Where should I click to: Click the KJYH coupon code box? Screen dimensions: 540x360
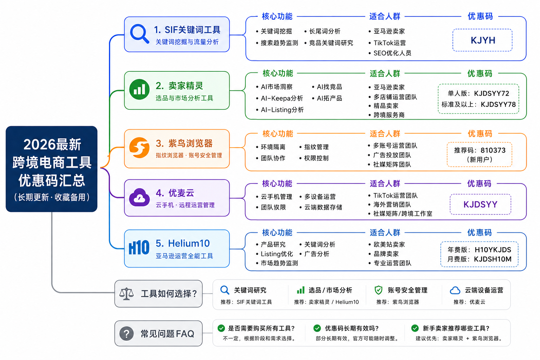pos(482,40)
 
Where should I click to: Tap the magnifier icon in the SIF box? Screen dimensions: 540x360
pos(139,34)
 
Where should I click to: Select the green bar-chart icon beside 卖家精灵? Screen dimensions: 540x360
pos(139,89)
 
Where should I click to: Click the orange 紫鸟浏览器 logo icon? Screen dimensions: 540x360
pos(139,148)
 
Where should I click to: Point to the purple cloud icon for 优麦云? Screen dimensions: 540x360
pos(139,198)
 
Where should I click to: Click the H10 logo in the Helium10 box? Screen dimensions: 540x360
pos(139,247)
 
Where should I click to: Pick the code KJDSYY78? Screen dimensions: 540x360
pos(498,104)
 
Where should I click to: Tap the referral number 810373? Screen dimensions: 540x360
pos(493,150)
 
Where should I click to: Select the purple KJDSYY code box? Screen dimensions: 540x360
pos(481,205)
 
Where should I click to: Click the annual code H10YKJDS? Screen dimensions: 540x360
pos(493,250)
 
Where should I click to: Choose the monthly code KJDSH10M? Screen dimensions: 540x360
pos(493,259)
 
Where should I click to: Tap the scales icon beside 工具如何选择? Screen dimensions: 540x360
pos(126,294)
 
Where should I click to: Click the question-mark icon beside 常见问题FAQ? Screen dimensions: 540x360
pos(127,334)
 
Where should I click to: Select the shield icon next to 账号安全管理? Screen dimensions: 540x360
pos(379,290)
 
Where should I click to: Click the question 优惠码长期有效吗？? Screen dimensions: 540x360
pos(352,328)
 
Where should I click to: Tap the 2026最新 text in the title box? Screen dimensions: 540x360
pos(52,145)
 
